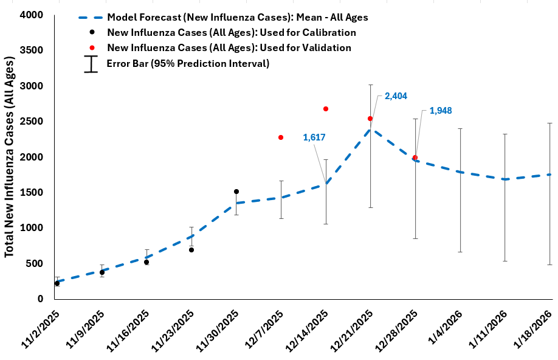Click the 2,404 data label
point(396,96)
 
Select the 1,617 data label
point(314,137)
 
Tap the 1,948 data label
point(441,111)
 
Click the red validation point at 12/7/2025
point(281,137)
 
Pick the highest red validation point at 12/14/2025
point(326,109)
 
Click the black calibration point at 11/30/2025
point(236,192)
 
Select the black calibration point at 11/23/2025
point(191,250)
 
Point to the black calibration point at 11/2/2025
point(57,283)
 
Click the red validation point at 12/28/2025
point(415,157)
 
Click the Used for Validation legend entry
point(229,47)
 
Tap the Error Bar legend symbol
point(91,64)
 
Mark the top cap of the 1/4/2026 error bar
point(460,129)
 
